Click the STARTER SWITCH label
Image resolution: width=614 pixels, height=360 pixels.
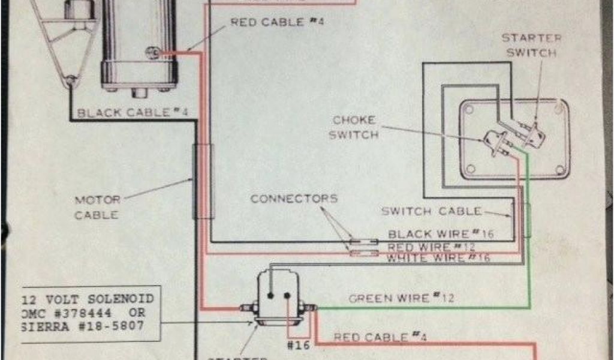click(531, 45)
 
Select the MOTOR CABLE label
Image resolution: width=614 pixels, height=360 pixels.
click(97, 207)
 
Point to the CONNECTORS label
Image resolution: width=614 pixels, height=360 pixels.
click(294, 199)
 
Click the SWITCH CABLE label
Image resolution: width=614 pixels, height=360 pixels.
click(432, 211)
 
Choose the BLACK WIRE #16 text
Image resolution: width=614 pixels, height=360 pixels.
click(441, 234)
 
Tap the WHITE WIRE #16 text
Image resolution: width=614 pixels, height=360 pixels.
click(438, 258)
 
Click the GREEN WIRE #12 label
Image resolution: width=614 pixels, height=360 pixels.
click(401, 298)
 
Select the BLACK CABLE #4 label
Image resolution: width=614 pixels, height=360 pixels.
click(124, 112)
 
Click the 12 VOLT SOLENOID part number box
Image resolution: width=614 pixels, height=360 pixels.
click(90, 314)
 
